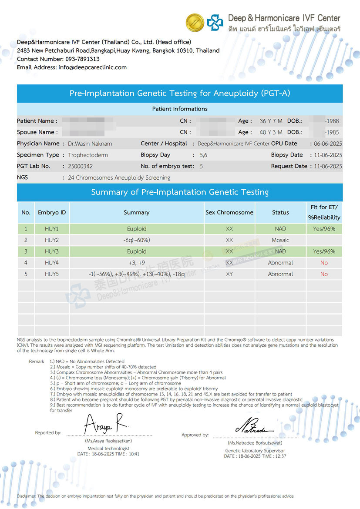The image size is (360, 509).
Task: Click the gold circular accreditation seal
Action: [x=195, y=22]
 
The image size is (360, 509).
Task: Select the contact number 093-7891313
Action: [x=82, y=59]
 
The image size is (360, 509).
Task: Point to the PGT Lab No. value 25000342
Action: [x=81, y=166]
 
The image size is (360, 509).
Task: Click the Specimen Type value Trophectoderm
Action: [x=88, y=155]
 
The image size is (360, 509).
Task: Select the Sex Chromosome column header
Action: [x=229, y=212]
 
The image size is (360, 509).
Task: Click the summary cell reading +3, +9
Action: [x=137, y=263]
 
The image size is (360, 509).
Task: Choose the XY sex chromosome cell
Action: [x=229, y=274]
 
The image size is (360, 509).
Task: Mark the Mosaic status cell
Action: [x=280, y=240]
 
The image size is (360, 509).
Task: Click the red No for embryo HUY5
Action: [x=324, y=274]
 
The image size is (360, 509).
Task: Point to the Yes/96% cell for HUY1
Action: [x=324, y=229]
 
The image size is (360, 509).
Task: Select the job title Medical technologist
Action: [x=108, y=449]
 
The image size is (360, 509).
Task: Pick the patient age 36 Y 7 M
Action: [x=271, y=121]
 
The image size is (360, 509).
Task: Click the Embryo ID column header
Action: [x=52, y=212]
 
